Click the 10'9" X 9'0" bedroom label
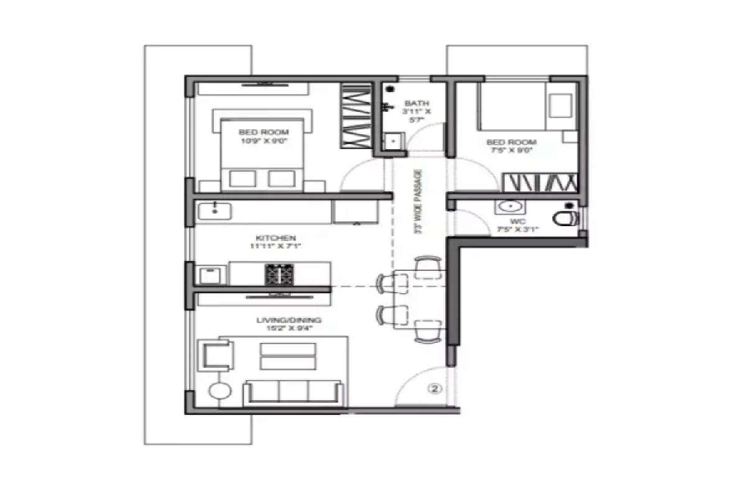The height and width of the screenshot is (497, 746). [264, 136]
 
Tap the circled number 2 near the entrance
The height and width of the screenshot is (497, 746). [435, 390]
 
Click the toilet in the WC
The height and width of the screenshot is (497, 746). [566, 217]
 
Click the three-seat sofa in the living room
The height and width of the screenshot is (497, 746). [293, 392]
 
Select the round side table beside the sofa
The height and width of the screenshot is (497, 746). [219, 391]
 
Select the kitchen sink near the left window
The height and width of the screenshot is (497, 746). [214, 211]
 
